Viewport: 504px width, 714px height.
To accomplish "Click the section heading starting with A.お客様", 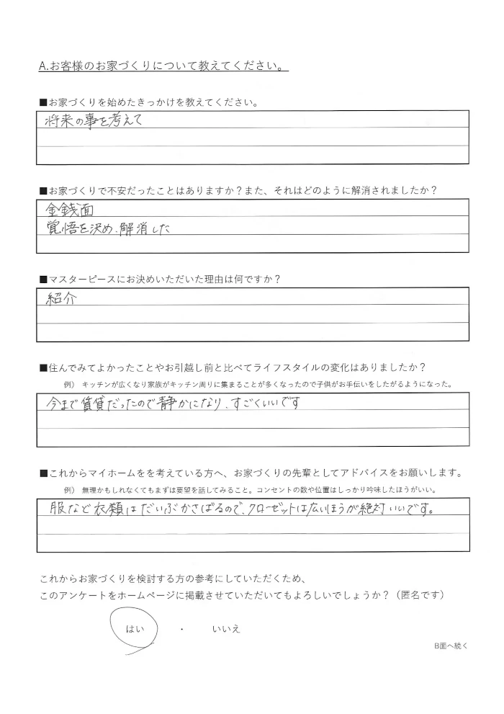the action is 163,66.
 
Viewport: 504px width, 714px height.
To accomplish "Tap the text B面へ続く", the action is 451,646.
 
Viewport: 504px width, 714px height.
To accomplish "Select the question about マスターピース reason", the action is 160,278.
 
